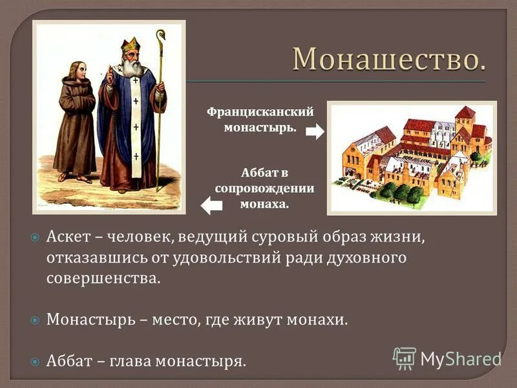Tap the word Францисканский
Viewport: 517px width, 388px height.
pyautogui.click(x=260, y=112)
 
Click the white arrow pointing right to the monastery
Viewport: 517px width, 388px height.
pyautogui.click(x=314, y=132)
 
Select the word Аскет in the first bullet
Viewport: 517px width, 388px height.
pyautogui.click(x=66, y=237)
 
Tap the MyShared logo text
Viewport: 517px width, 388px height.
pyautogui.click(x=460, y=358)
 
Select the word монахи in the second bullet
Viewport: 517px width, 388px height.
pyautogui.click(x=321, y=319)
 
